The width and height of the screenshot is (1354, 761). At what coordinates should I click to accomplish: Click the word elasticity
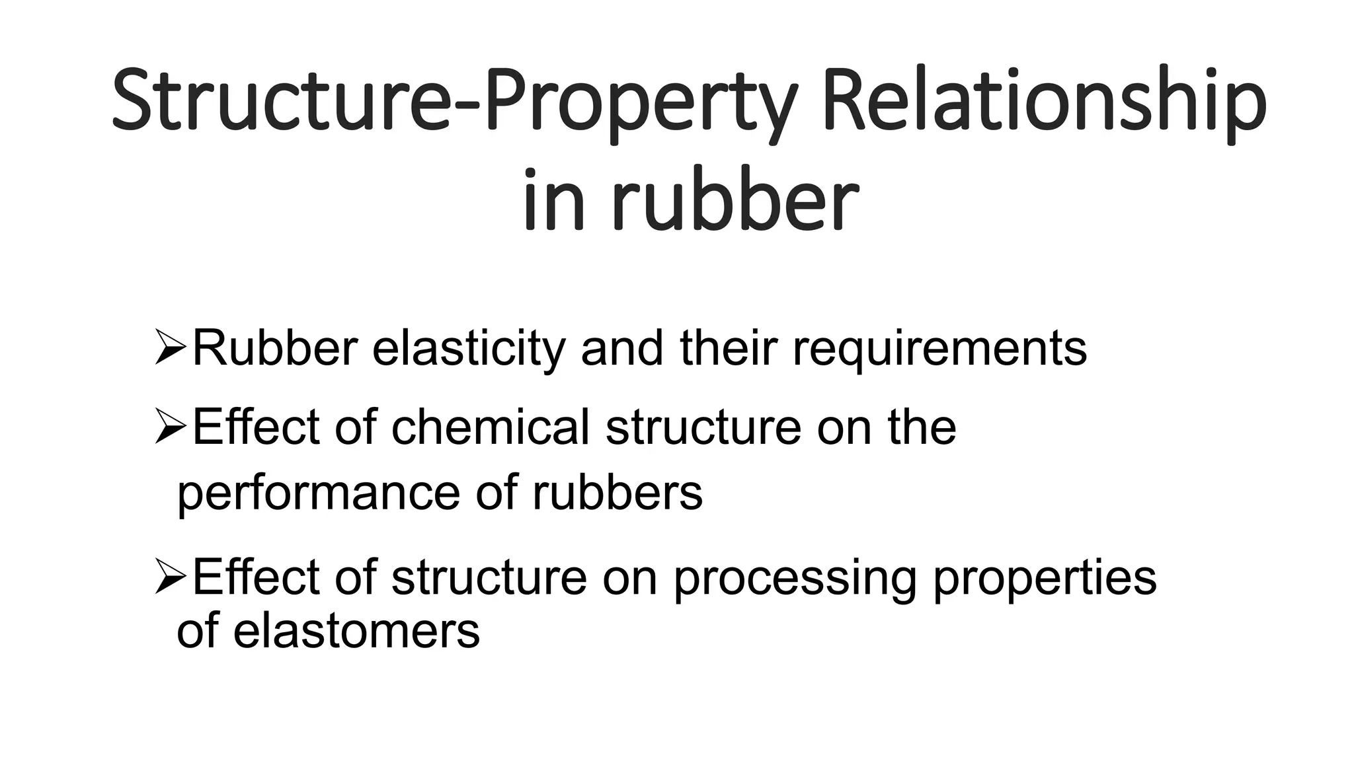coord(469,349)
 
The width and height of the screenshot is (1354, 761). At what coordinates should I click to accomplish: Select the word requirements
coord(939,349)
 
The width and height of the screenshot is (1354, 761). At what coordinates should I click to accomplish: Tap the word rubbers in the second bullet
coord(617,493)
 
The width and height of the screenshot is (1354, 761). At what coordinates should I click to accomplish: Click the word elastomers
coord(356,631)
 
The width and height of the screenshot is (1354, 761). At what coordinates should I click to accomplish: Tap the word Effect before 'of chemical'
coord(256,427)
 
